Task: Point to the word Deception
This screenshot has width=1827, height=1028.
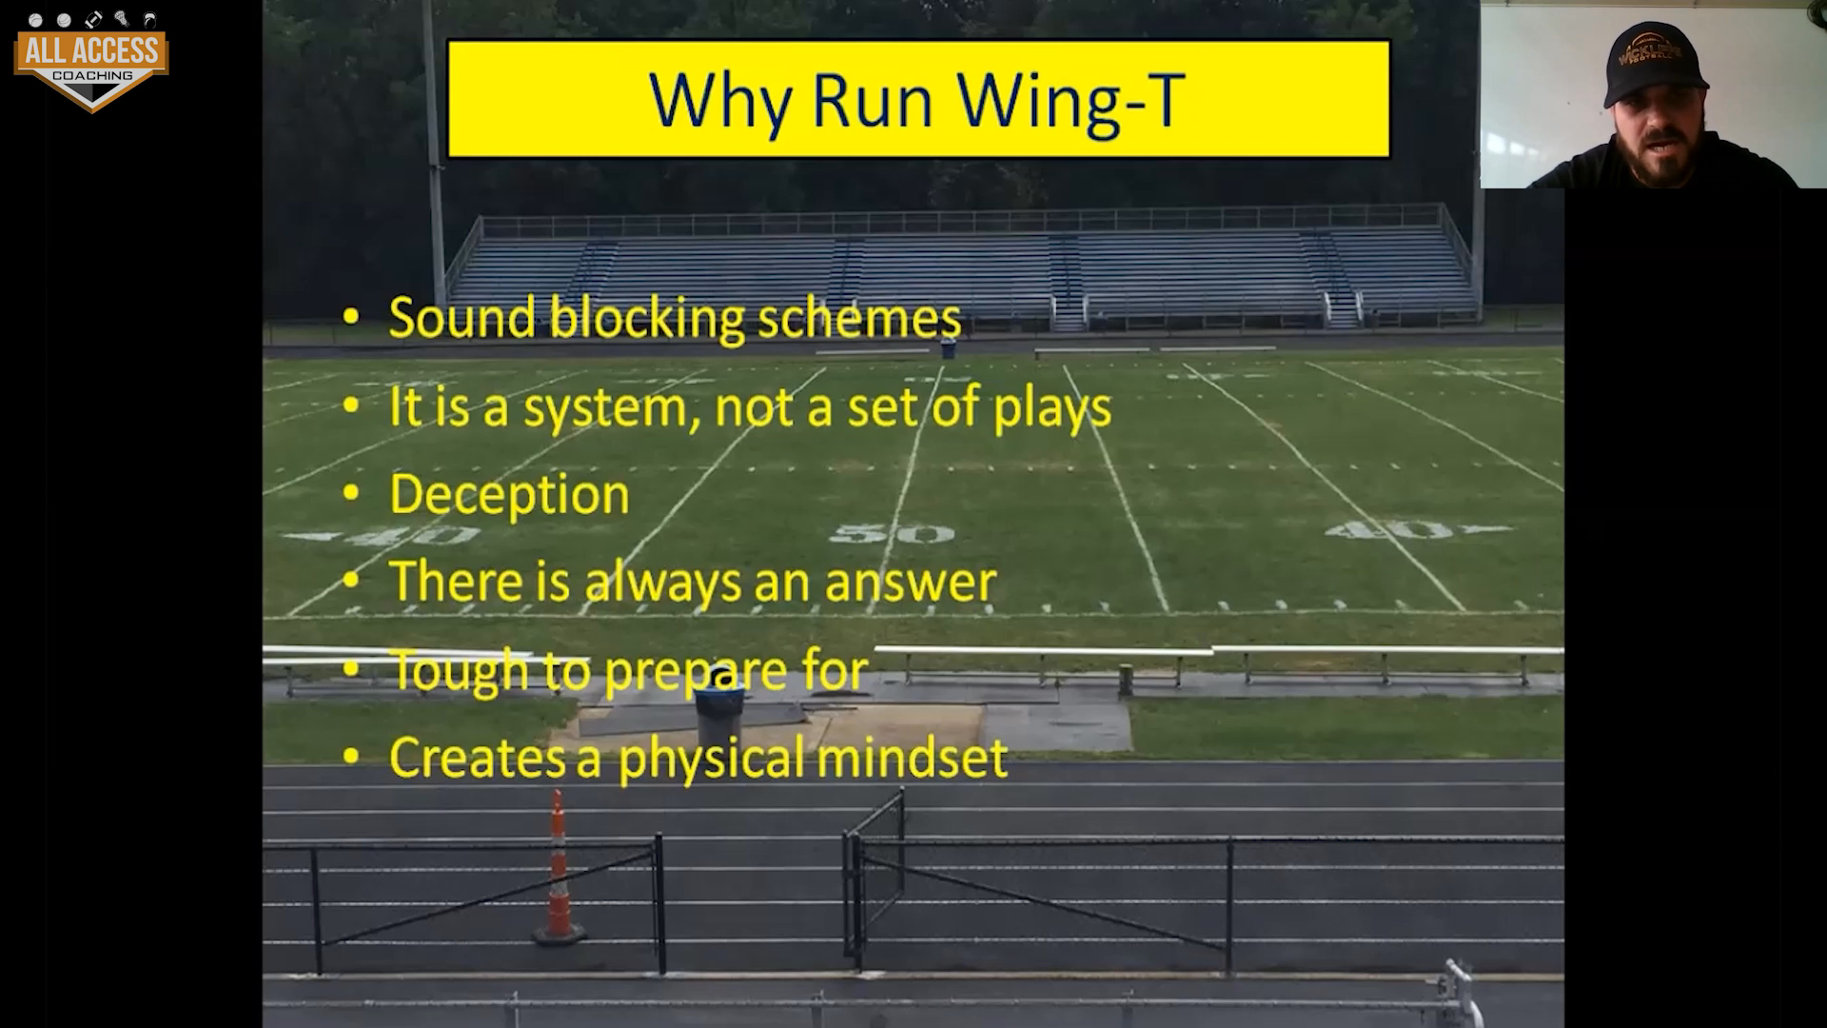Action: tap(509, 496)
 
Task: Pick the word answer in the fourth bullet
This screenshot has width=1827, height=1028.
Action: tap(911, 582)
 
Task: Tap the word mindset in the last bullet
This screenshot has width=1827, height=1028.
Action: tap(912, 758)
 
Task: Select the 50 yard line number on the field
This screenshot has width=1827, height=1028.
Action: tap(892, 533)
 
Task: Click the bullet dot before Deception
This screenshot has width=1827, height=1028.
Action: tap(351, 494)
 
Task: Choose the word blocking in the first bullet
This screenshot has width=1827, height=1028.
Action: tap(647, 320)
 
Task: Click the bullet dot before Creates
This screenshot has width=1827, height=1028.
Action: tap(351, 757)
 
